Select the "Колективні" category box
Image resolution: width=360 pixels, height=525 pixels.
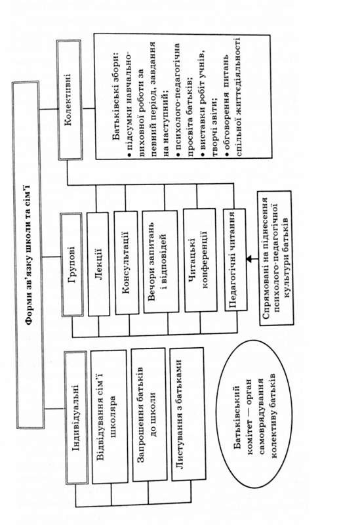point(70,100)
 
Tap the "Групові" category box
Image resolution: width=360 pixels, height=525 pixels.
point(72,264)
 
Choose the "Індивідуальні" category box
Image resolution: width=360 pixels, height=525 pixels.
point(76,417)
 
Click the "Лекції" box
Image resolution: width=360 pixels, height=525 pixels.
point(98,264)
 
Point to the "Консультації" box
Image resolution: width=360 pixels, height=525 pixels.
point(126,262)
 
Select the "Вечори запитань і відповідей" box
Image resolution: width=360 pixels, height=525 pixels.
point(160,261)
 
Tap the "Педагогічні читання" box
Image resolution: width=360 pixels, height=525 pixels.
point(235,259)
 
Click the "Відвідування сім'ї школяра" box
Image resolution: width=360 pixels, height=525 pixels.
point(110,417)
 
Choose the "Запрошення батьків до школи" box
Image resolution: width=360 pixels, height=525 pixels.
point(150,415)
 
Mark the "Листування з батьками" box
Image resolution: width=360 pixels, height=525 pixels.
point(188,413)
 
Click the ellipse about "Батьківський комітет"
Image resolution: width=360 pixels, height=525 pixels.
point(254,415)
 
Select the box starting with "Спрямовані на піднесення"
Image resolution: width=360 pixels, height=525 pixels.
point(275,258)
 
